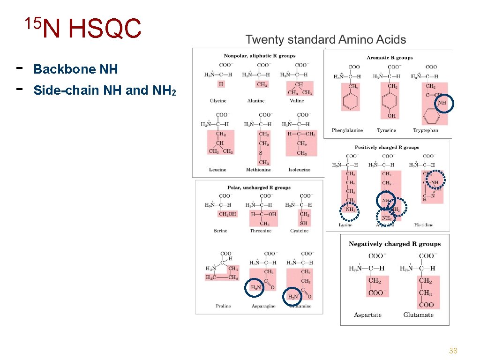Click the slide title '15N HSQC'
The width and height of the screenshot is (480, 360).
[x=83, y=28]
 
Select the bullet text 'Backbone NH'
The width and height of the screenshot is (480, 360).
[x=75, y=69]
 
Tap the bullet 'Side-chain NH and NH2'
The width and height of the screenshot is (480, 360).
[x=105, y=90]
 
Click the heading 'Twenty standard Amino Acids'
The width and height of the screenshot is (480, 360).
[x=326, y=40]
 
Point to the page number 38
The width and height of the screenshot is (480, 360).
[x=453, y=351]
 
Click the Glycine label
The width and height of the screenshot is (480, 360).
[x=218, y=101]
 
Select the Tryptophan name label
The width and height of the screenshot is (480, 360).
[x=426, y=130]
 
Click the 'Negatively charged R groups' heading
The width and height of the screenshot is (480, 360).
[x=395, y=244]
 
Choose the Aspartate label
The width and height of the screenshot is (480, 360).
[x=367, y=315]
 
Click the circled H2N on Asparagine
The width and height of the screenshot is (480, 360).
[x=255, y=288]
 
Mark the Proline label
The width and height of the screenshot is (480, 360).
[x=223, y=306]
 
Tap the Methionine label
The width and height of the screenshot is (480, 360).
[x=258, y=170]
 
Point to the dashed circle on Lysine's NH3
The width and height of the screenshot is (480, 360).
[x=349, y=210]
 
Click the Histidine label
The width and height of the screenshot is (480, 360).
[x=424, y=225]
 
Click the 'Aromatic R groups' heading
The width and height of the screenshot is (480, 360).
[x=390, y=58]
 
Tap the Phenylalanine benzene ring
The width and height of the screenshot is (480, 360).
[x=351, y=101]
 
